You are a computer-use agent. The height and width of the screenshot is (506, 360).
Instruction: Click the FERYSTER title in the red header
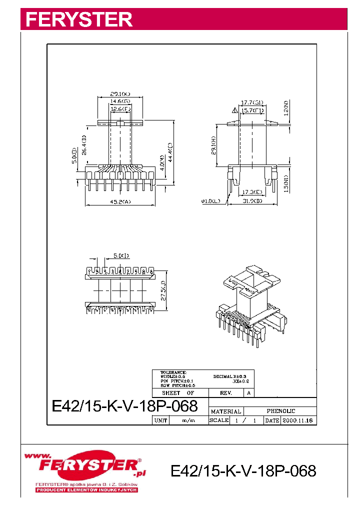(x=79, y=19)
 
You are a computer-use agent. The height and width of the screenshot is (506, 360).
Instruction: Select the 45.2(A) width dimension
(x=120, y=202)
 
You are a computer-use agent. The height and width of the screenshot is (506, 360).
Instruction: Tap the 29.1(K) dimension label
(x=120, y=93)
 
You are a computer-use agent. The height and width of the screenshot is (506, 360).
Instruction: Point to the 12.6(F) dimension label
(x=120, y=108)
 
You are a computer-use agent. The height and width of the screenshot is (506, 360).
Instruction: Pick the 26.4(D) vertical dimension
(x=84, y=144)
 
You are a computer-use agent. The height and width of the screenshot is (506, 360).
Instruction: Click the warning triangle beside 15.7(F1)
(x=234, y=110)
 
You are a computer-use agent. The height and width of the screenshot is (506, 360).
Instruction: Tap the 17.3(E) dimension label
(x=252, y=192)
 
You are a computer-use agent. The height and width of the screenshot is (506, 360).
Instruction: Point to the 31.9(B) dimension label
(x=252, y=201)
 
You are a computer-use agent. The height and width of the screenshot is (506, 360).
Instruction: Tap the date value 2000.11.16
(x=298, y=420)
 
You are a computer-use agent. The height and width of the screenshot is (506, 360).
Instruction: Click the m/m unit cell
(x=188, y=420)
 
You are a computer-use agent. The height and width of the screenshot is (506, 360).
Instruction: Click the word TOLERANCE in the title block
(x=173, y=372)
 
